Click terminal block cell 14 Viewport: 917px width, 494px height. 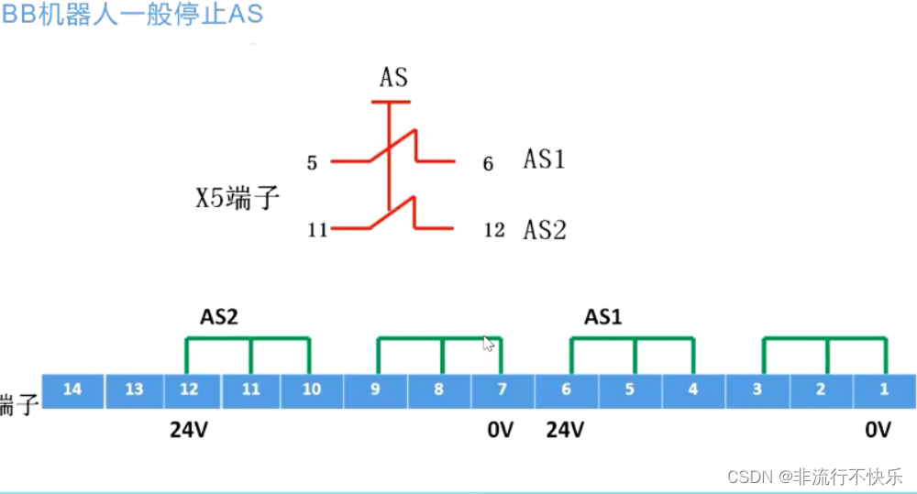pyautogui.click(x=72, y=390)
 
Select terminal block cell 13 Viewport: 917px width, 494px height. pyautogui.click(x=134, y=390)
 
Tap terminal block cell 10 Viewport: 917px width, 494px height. pyautogui.click(x=312, y=390)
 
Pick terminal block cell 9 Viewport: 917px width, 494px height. pyautogui.click(x=375, y=390)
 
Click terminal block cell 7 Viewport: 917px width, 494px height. pyautogui.click(x=502, y=390)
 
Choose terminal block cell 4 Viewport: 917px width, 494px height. pyautogui.click(x=692, y=390)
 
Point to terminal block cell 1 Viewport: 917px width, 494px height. pyautogui.click(x=884, y=390)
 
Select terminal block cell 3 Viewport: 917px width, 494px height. pyautogui.click(x=757, y=390)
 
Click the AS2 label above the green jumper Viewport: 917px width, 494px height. pyautogui.click(x=219, y=317)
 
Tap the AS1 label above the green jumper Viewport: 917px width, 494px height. pyautogui.click(x=603, y=317)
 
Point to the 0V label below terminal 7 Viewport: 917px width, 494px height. pyautogui.click(x=501, y=429)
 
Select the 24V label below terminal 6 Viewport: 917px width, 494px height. pyautogui.click(x=565, y=429)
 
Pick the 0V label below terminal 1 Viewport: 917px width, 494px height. pyautogui.click(x=877, y=429)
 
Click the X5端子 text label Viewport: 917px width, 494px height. pyautogui.click(x=237, y=198)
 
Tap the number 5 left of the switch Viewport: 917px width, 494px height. pyautogui.click(x=312, y=164)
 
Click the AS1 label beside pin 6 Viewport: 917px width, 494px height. pyautogui.click(x=545, y=159)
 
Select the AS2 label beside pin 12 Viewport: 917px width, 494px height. pyautogui.click(x=545, y=229)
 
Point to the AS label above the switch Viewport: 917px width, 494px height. pyautogui.click(x=393, y=78)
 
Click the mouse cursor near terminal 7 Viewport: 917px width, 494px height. pyautogui.click(x=488, y=344)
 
